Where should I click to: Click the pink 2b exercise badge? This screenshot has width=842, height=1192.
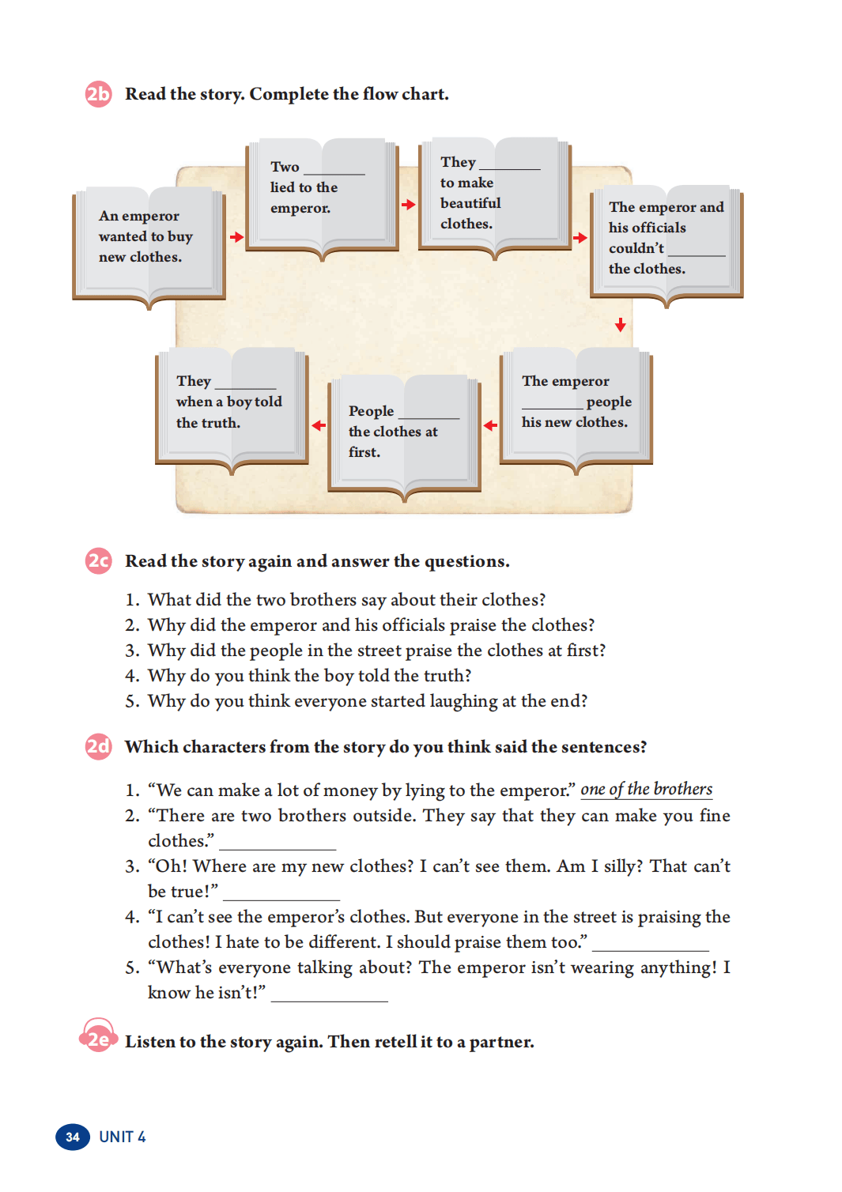click(98, 95)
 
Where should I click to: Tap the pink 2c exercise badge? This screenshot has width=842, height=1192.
click(98, 561)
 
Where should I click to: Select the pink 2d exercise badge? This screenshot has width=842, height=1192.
click(98, 747)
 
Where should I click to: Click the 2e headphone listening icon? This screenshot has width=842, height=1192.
click(98, 1038)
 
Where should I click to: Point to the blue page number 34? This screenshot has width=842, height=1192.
click(73, 1137)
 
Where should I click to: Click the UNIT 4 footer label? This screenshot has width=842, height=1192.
click(123, 1137)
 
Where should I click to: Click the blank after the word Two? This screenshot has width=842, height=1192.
click(334, 169)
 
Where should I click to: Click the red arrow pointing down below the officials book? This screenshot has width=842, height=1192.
click(621, 325)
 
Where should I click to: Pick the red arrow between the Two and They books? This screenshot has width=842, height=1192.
click(409, 205)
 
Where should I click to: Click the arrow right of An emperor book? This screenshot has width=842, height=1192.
click(236, 237)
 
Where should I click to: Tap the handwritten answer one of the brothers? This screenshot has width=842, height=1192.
click(646, 789)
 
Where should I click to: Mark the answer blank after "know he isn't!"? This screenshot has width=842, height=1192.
click(329, 996)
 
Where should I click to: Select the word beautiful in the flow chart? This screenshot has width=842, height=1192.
click(470, 203)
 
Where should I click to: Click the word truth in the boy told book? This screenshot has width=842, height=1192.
click(219, 423)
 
